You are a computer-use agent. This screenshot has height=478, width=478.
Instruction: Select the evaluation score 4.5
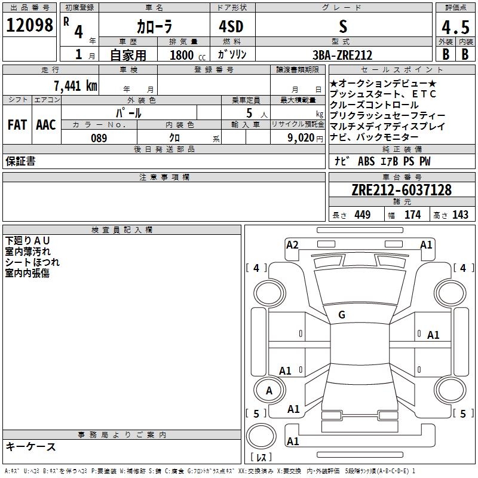pyautogui.click(x=455, y=27)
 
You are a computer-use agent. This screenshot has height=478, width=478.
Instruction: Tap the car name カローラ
pyautogui.click(x=155, y=27)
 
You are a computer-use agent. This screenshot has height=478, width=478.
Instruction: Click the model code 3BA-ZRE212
pyautogui.click(x=342, y=55)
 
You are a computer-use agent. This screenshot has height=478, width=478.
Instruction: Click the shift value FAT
pyautogui.click(x=17, y=125)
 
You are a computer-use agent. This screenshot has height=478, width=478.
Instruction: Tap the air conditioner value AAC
pyautogui.click(x=45, y=125)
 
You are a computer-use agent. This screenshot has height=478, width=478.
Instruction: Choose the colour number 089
pyautogui.click(x=99, y=138)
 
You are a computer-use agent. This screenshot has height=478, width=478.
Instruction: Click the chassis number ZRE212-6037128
pyautogui.click(x=402, y=190)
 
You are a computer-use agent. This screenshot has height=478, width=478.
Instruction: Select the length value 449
pyautogui.click(x=362, y=215)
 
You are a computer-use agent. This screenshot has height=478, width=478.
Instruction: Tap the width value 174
pyautogui.click(x=412, y=215)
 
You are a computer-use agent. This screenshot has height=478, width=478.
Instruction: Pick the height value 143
pyautogui.click(x=460, y=215)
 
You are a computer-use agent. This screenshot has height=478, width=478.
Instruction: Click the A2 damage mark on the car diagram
pyautogui.click(x=292, y=244)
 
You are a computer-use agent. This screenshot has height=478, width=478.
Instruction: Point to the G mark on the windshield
pyautogui.click(x=342, y=315)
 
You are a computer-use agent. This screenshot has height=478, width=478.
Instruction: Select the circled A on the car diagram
pyautogui.click(x=269, y=391)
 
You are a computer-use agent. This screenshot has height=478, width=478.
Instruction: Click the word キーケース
pyautogui.click(x=30, y=446)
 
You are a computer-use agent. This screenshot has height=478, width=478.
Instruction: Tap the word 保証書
pyautogui.click(x=20, y=161)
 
